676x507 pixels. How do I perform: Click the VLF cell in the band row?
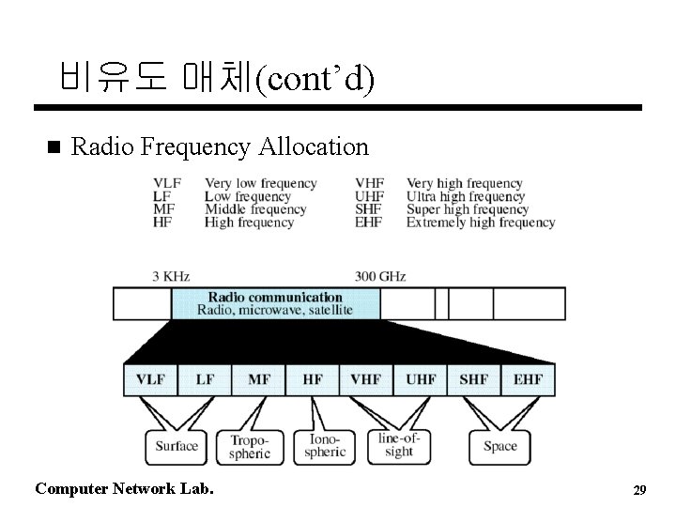tap(150, 379)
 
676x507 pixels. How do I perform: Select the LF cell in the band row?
tap(205, 379)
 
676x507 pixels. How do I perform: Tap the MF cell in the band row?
tap(259, 379)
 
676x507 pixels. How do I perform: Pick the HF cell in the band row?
tap(313, 379)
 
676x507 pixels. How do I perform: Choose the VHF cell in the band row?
tap(366, 379)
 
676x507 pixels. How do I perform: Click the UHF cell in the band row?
tap(421, 379)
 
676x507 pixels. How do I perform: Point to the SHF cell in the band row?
tap(474, 379)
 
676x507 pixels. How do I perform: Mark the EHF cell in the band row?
tap(528, 379)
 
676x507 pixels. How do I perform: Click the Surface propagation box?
tap(176, 446)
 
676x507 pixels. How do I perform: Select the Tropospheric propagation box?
tap(250, 446)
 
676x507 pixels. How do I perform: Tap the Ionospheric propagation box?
tap(325, 446)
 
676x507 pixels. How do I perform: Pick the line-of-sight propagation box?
tap(399, 445)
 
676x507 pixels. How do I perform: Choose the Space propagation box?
tap(499, 446)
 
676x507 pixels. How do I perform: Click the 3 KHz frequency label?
tap(171, 276)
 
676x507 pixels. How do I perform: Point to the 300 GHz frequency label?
tap(380, 276)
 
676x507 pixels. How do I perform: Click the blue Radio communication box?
tap(275, 303)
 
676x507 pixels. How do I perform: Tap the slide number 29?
tap(640, 490)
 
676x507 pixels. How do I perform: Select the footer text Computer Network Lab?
tap(123, 488)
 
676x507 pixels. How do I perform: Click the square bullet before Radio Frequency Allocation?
tap(53, 147)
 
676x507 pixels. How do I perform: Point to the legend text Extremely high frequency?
tap(481, 223)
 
